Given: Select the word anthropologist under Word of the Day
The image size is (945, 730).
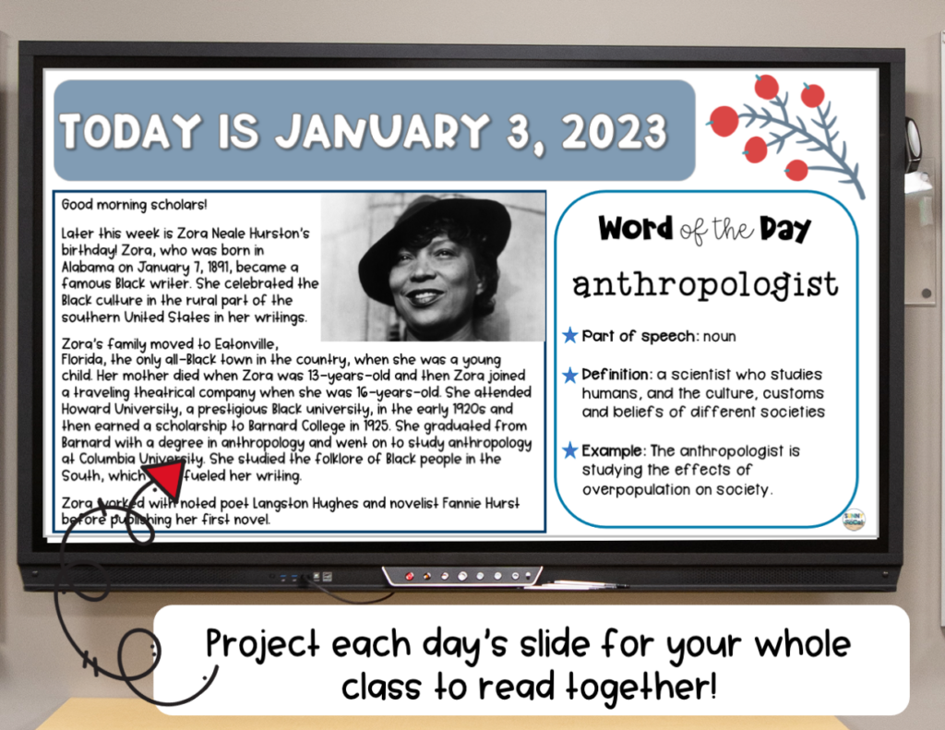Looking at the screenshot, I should tap(705, 284).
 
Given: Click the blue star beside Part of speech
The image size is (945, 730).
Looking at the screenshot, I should tap(570, 336).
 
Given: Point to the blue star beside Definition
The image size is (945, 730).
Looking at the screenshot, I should tap(570, 375).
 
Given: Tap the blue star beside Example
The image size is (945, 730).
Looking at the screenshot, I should tap(570, 450).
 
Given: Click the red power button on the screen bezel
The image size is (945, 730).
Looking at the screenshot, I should tap(409, 576).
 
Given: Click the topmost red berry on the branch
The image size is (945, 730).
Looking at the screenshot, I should tap(766, 87).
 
